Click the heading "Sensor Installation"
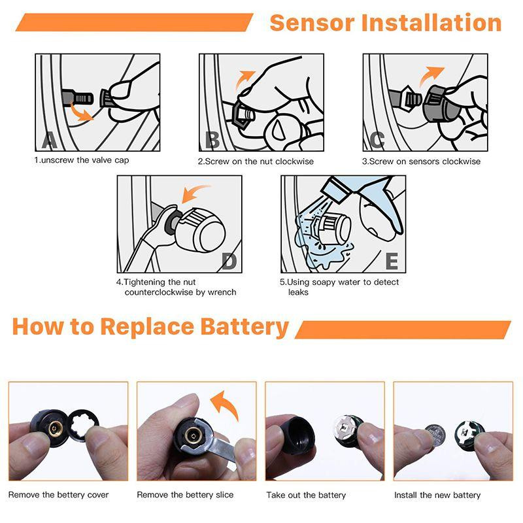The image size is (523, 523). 386,23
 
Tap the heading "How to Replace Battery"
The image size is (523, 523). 150,327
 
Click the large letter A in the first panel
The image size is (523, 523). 50,140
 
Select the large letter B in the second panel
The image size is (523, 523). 212,141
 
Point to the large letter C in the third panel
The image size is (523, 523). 377,140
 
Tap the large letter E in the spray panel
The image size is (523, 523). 392,261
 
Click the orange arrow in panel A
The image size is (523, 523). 80,112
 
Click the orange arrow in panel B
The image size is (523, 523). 245,78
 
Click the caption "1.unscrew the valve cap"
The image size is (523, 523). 81,160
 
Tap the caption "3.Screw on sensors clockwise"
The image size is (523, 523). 421,161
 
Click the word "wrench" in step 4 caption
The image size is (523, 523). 222,292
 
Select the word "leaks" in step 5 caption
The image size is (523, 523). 298,292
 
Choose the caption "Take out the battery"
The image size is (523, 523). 306,495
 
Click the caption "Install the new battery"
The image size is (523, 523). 437,495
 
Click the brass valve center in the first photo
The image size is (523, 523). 53,429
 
